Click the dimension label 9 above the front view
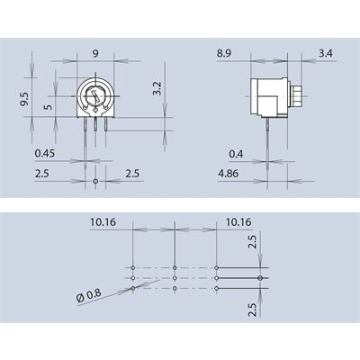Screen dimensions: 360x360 tap(95, 53)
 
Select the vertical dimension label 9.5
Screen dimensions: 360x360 tap(25, 99)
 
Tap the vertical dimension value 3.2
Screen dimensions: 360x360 tap(157, 88)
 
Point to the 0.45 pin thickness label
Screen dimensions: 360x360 tap(45, 153)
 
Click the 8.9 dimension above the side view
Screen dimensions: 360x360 tap(224, 53)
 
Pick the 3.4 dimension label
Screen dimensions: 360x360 tap(326, 53)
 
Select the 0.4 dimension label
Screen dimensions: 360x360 tap(236, 154)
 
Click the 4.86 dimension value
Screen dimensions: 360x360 tap(229, 174)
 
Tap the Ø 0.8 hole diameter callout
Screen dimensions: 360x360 tap(89, 296)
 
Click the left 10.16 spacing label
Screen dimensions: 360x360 tap(103, 222)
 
